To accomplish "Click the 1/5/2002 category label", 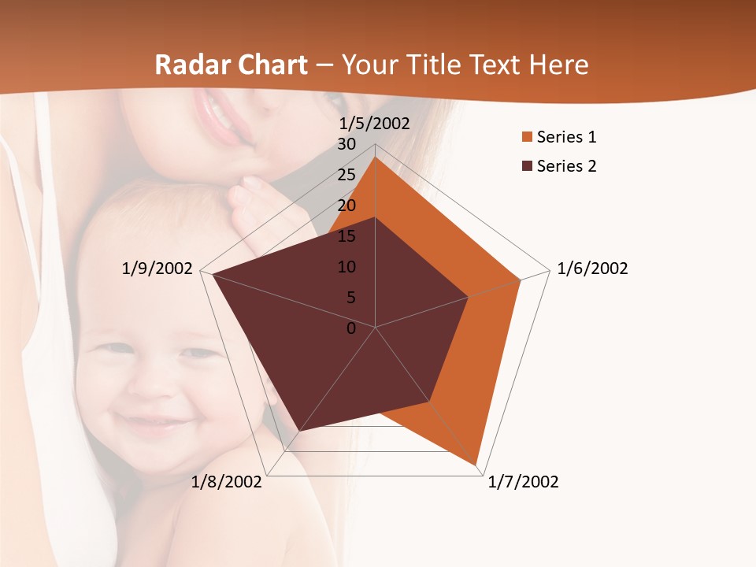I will tap(375, 124).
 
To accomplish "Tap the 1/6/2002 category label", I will tap(592, 269).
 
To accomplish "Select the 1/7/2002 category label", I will tap(523, 482).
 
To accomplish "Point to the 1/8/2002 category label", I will tap(227, 482).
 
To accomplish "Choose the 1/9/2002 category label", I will tap(157, 269).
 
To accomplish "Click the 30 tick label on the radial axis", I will tap(346, 144).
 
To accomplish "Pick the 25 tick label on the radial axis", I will tap(346, 175).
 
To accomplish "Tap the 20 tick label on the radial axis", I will tap(346, 206).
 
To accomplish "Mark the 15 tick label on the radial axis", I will tap(346, 236).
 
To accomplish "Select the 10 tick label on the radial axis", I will tap(346, 267).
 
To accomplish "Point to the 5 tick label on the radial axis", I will tap(350, 298).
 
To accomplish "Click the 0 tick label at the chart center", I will tap(351, 328).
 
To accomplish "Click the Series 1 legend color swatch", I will tap(527, 138).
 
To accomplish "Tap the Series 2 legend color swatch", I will tap(527, 166).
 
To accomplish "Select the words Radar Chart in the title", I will tap(231, 65).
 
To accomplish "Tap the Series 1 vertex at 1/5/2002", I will tap(376, 157).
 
